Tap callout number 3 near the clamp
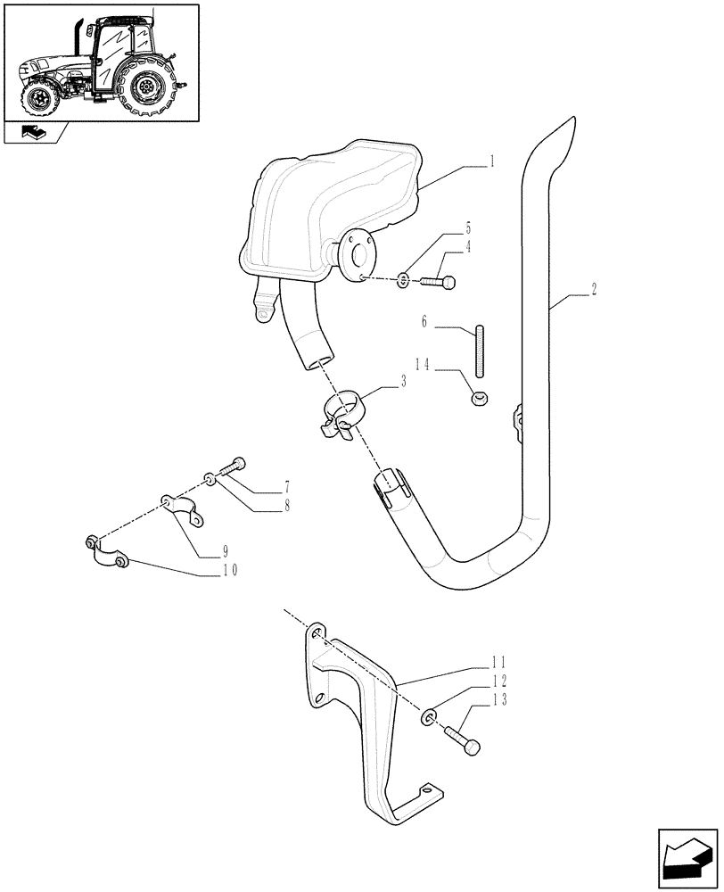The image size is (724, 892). (x=404, y=381)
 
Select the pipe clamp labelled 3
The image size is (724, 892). (x=343, y=412)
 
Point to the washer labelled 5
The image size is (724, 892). (x=404, y=282)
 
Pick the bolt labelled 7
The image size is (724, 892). (x=230, y=467)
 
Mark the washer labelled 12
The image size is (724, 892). (x=428, y=716)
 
